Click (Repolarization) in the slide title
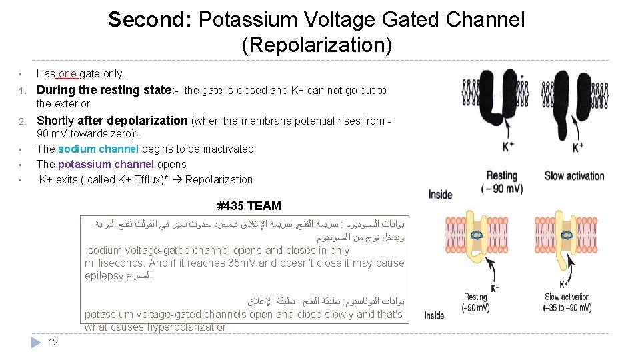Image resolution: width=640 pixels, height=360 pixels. (317, 45)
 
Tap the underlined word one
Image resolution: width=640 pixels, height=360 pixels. (68, 73)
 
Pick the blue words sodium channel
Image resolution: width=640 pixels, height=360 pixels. (98, 149)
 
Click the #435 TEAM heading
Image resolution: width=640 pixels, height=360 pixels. (249, 206)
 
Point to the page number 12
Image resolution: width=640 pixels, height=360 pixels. (53, 343)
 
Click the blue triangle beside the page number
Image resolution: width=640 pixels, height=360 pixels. (37, 343)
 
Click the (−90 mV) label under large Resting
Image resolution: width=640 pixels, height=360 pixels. (501, 189)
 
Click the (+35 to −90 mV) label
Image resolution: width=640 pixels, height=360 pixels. (567, 308)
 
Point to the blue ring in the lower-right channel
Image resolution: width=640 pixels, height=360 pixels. (567, 235)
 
